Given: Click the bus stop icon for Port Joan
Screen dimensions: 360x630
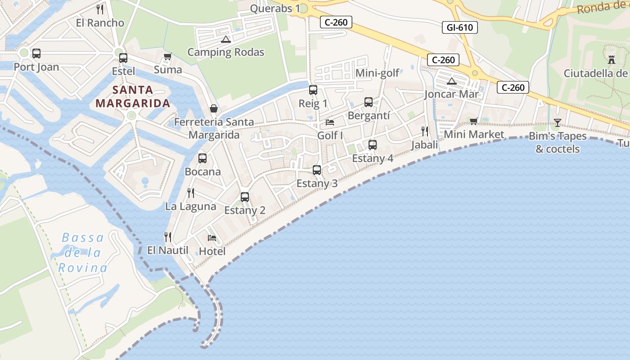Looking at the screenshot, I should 36,54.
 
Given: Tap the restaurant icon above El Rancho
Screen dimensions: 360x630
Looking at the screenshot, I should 100,9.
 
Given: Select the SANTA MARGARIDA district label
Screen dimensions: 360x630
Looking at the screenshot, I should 133,96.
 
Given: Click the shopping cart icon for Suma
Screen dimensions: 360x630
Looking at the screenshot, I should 168,56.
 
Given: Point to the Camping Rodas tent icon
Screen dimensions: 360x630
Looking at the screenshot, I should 225,39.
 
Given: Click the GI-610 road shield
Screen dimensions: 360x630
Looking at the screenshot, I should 459,27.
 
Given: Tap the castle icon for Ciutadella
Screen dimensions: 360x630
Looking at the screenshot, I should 611,59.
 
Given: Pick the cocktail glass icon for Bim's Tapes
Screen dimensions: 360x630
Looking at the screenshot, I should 558,122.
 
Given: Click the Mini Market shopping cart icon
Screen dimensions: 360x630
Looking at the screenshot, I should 473,121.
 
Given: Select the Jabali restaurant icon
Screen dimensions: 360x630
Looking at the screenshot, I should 424,131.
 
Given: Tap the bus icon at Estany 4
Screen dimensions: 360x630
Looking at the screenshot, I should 373,145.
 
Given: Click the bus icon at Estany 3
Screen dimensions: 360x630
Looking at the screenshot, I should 317,170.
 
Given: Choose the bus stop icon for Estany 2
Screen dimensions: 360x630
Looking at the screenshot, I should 245,197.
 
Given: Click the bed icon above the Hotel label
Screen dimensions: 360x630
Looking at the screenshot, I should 212,238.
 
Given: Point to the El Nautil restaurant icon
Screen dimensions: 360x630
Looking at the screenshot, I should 168,237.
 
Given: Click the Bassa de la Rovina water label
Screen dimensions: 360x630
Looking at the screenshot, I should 83,252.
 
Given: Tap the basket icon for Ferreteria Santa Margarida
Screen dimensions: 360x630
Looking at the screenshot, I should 214,108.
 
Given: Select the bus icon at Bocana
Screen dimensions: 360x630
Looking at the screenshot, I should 202,158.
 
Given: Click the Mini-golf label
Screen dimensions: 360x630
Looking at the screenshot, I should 377,73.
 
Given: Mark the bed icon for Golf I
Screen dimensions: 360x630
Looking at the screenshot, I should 330,122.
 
